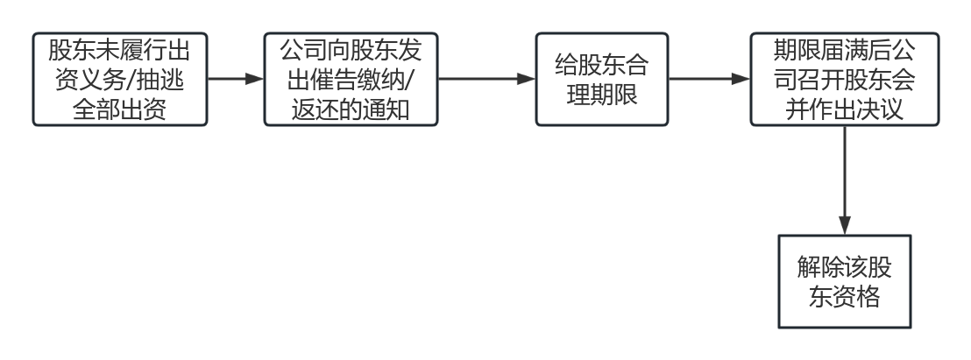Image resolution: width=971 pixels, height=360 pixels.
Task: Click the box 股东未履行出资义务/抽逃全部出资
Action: pyautogui.click(x=120, y=79)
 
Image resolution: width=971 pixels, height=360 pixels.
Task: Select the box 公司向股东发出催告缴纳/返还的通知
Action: pyautogui.click(x=351, y=79)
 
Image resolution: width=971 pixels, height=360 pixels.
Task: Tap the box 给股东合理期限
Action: pyautogui.click(x=602, y=79)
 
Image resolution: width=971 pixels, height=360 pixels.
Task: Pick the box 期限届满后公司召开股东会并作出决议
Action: pyautogui.click(x=844, y=79)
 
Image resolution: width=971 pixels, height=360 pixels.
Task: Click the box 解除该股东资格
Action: pyautogui.click(x=844, y=281)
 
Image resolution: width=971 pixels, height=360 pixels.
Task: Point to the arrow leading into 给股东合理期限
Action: pyautogui.click(x=485, y=79)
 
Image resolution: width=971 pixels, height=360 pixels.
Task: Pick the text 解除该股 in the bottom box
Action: pyautogui.click(x=844, y=266)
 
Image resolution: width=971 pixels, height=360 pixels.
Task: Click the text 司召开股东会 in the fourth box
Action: pyautogui.click(x=844, y=80)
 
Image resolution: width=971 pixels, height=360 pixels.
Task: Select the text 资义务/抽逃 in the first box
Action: pyautogui.click(x=120, y=80)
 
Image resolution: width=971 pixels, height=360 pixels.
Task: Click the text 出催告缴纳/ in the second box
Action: pyautogui.click(x=350, y=80)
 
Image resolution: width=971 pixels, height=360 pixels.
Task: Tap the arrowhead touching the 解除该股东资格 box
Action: pyautogui.click(x=844, y=227)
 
